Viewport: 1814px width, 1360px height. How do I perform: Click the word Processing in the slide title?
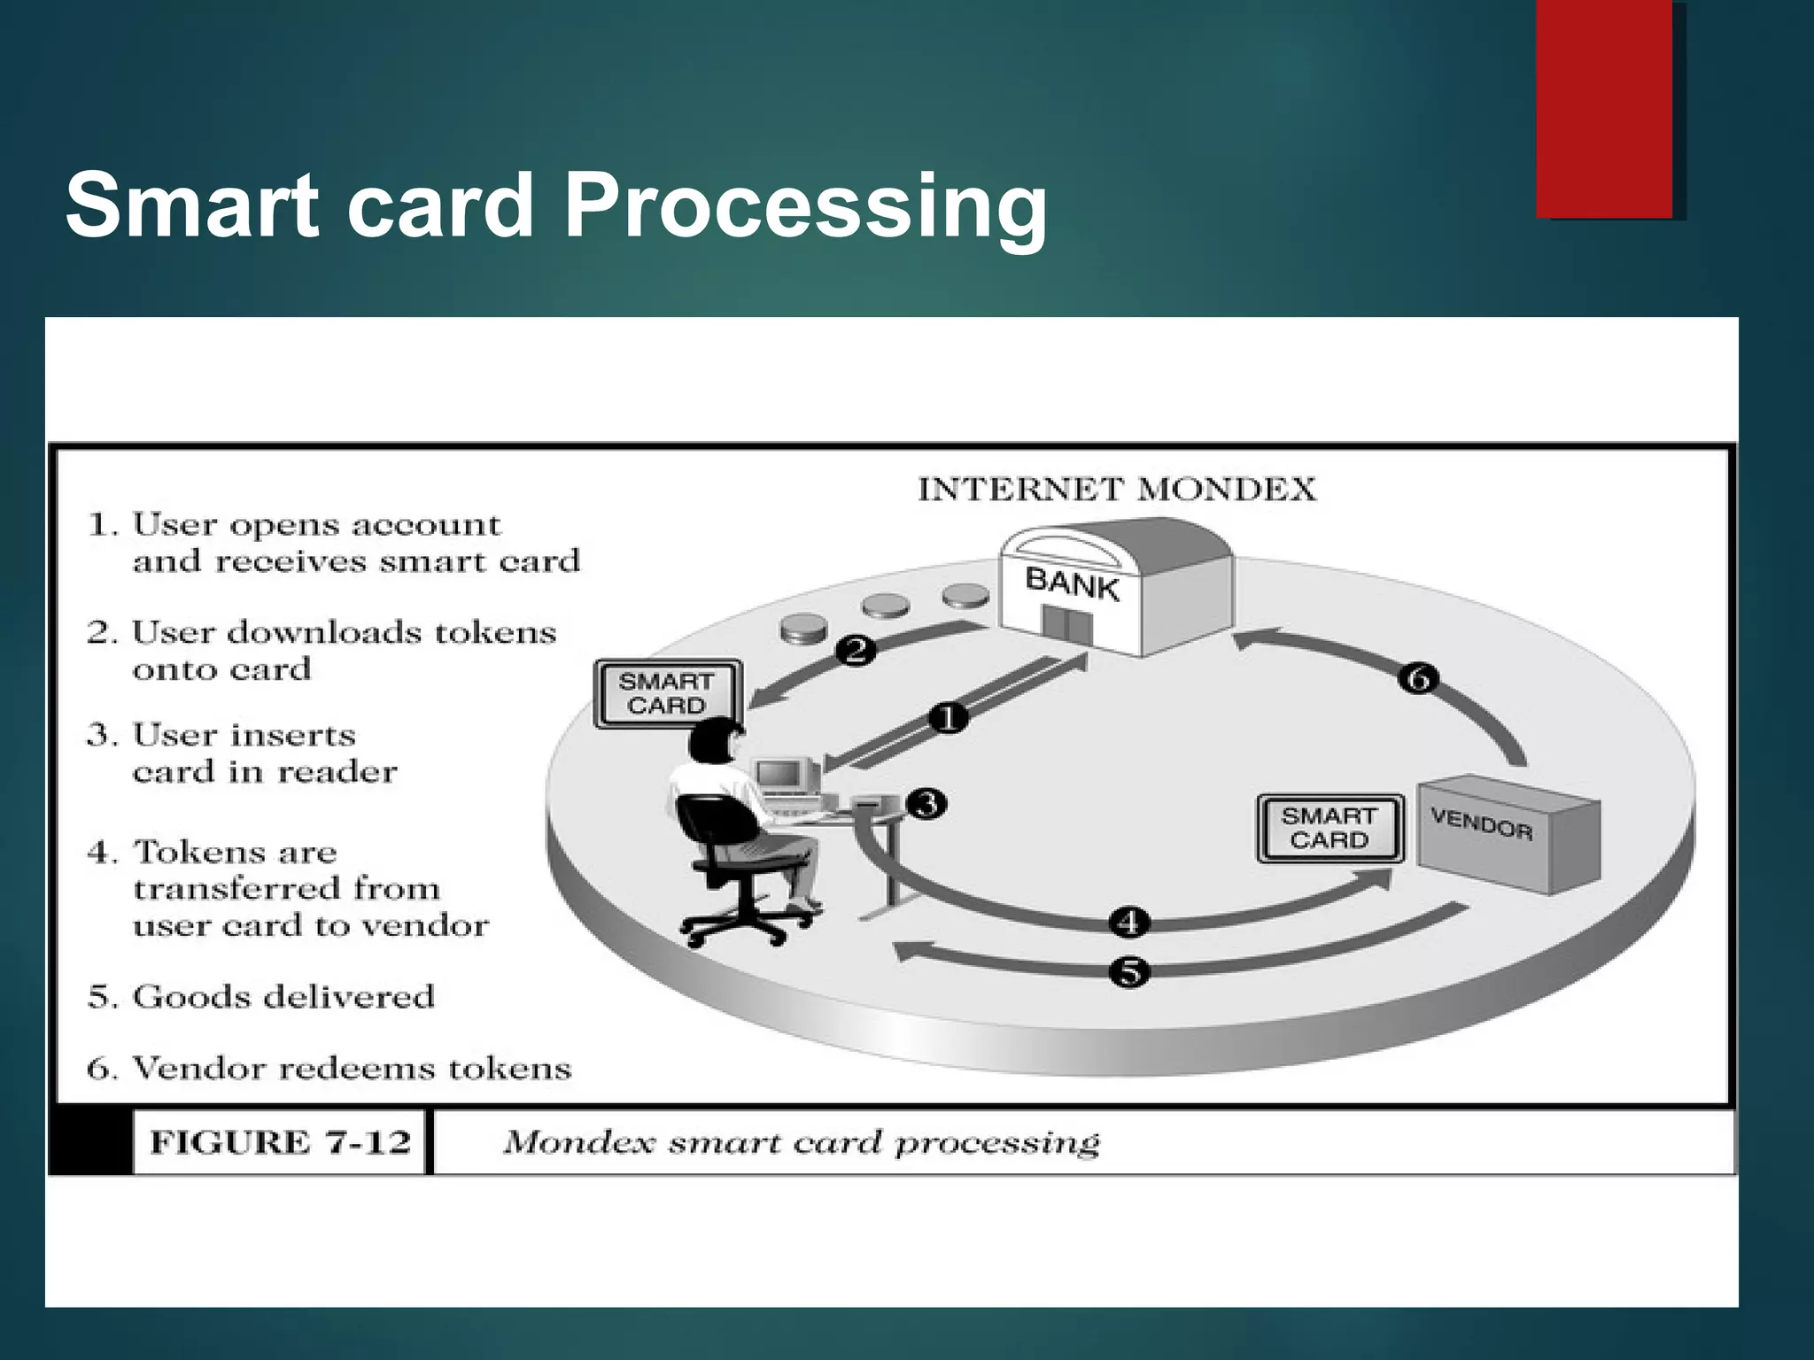point(804,205)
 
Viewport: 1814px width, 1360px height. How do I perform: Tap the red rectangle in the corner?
point(1604,108)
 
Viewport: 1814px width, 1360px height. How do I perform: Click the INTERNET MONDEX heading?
point(1116,490)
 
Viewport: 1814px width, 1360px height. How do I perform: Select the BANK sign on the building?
point(1072,584)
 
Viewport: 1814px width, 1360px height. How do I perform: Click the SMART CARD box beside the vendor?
point(1329,828)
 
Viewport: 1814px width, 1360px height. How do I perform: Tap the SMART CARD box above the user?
point(666,693)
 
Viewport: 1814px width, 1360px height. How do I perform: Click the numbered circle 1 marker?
point(949,717)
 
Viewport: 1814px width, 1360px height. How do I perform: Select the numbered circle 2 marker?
point(856,651)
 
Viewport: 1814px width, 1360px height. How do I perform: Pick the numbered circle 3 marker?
point(927,804)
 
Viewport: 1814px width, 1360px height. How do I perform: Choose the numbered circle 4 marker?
point(1129,923)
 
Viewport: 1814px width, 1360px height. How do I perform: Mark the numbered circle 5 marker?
point(1129,972)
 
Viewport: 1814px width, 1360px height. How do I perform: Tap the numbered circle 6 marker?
point(1418,679)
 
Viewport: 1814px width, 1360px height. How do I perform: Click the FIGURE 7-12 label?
point(280,1142)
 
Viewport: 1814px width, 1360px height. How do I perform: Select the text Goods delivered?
point(283,997)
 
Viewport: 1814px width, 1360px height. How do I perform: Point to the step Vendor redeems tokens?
point(351,1069)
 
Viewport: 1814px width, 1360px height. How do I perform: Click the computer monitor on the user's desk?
point(779,776)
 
